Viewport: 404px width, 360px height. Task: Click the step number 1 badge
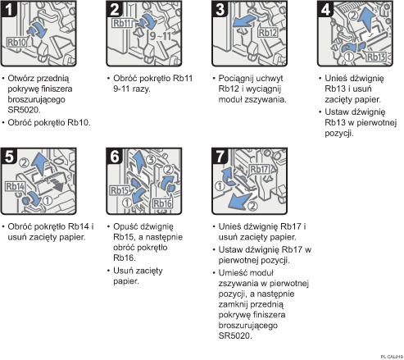point(9,9)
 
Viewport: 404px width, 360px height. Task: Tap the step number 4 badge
point(325,9)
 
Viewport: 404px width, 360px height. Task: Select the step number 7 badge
point(220,157)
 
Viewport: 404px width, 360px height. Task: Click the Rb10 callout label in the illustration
point(17,43)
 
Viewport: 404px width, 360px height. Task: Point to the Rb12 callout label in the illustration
point(268,33)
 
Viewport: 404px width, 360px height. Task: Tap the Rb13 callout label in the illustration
point(376,57)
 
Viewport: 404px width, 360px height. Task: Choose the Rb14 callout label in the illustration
point(16,186)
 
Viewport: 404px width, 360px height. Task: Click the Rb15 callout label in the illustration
point(119,190)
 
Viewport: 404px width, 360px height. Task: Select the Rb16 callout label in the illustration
point(162,203)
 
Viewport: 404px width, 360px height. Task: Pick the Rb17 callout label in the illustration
point(259,169)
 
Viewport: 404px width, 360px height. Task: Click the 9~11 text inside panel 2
point(161,36)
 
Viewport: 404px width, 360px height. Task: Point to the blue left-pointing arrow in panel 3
point(245,21)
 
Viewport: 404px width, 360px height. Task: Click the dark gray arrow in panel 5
point(57,184)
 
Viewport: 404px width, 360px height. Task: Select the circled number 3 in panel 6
point(151,159)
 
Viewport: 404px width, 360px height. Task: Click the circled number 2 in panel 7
point(252,206)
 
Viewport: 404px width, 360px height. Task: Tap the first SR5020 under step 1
point(24,110)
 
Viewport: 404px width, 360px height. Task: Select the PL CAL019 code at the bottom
point(392,357)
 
